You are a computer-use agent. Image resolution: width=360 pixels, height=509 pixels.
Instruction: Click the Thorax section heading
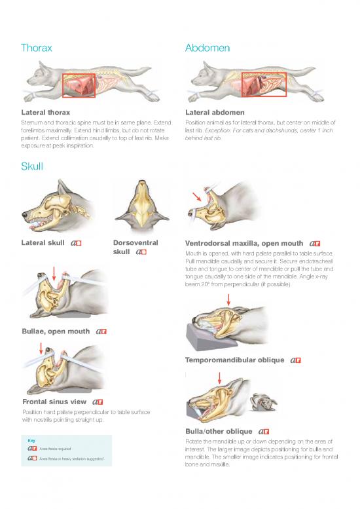tap(36, 48)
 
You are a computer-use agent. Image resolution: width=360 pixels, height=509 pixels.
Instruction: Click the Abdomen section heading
tap(207, 48)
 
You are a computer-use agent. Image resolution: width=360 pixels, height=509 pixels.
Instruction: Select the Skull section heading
tap(32, 166)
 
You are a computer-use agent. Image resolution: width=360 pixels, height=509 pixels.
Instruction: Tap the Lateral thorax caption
tap(46, 113)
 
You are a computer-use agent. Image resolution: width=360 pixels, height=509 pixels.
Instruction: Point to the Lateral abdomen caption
tap(215, 113)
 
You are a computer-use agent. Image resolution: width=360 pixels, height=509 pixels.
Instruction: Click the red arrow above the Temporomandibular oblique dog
tap(228, 299)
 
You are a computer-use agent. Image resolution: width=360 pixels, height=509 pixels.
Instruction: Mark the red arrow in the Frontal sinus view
tap(41, 349)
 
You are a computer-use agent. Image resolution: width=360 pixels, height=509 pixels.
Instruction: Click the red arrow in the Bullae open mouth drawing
tap(54, 274)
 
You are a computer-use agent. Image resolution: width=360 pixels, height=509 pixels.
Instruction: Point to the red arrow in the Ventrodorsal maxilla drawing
tap(196, 197)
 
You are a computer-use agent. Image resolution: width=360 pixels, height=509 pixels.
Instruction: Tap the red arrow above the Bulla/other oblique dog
tap(219, 378)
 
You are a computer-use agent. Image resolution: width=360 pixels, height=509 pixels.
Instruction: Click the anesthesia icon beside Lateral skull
tap(76, 243)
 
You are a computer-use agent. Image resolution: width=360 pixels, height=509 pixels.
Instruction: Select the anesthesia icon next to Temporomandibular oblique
tap(295, 360)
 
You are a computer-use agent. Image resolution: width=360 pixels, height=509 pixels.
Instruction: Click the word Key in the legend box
tap(31, 440)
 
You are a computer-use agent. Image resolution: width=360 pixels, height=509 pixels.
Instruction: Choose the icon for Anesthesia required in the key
tap(32, 449)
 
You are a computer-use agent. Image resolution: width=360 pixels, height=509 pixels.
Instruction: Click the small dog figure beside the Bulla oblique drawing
tap(263, 402)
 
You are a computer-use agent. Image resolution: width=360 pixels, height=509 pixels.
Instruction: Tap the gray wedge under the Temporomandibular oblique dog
tap(207, 337)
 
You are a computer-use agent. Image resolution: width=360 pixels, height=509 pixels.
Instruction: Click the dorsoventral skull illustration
tap(142, 205)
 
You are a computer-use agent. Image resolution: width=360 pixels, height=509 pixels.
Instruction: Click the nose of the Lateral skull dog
tap(24, 214)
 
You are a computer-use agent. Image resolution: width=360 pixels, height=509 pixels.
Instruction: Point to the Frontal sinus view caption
tap(54, 402)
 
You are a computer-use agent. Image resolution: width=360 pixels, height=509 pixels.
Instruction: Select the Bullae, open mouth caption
tap(56, 331)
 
